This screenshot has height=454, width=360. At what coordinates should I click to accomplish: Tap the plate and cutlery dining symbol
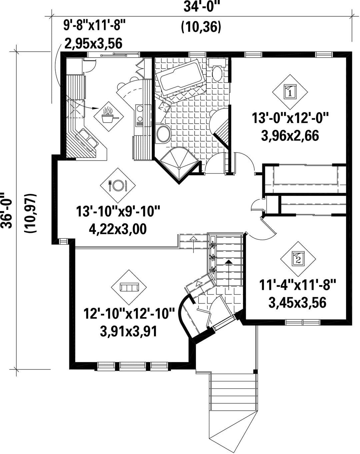[118, 185]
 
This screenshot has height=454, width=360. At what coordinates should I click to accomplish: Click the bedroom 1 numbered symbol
[290, 92]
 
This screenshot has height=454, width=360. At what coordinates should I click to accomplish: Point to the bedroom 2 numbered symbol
[298, 259]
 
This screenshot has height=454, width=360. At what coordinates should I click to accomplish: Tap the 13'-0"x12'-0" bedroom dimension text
[290, 118]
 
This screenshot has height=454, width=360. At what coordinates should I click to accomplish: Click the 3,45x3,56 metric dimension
[297, 303]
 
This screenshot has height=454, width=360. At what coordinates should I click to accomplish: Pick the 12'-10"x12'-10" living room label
[129, 314]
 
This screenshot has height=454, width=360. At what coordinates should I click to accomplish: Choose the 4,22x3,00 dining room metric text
[118, 229]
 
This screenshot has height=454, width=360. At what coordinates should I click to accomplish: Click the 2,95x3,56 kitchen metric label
[93, 44]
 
